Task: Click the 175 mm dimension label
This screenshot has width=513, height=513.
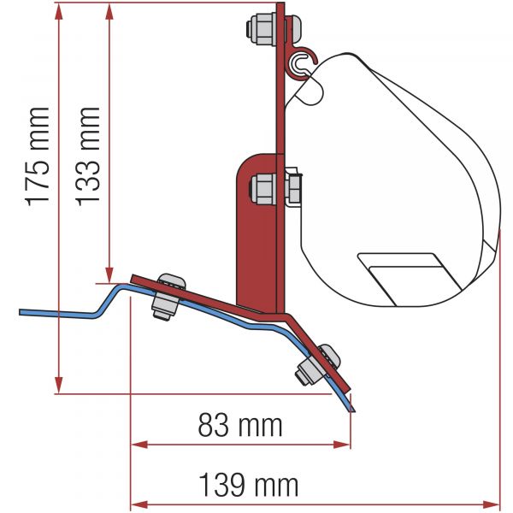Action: (x=38, y=156)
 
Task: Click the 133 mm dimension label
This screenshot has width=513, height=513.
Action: (x=88, y=156)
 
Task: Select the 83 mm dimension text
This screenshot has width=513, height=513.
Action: (x=240, y=425)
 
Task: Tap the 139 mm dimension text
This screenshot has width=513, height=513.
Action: (x=249, y=485)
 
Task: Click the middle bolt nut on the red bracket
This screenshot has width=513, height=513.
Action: (x=262, y=190)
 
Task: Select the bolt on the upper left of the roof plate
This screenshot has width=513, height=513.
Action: (x=168, y=297)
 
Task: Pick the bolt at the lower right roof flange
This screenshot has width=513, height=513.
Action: (x=317, y=365)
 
